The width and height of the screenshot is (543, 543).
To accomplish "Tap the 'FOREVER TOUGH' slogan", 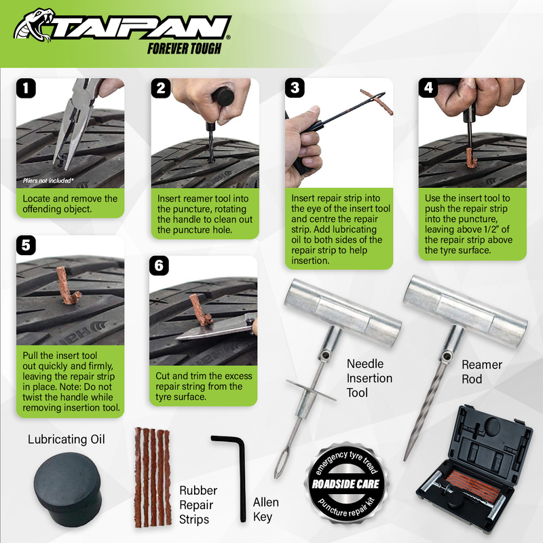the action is [x=184, y=48].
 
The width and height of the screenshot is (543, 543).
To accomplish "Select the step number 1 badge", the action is [x=26, y=88].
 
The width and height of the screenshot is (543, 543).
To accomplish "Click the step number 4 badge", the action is [x=428, y=88].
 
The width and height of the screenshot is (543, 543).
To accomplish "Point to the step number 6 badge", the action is [x=159, y=265].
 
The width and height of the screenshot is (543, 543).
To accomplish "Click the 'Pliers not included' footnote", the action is [x=48, y=181].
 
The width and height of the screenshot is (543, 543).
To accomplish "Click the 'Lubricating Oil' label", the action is [x=66, y=439].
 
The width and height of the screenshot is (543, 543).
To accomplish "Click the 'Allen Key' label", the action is [x=265, y=510].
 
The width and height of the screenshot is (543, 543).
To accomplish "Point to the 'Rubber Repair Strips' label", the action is [x=198, y=505].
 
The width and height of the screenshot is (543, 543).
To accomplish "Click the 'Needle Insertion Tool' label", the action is [x=369, y=378].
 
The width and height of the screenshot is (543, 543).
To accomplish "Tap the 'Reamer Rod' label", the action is [x=481, y=371].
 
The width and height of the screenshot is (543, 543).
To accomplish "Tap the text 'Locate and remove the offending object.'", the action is [x=70, y=204].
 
